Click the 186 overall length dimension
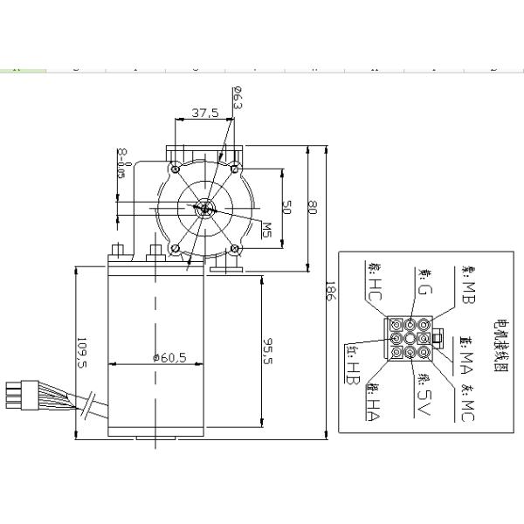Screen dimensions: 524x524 329,293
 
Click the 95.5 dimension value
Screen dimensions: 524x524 269,355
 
